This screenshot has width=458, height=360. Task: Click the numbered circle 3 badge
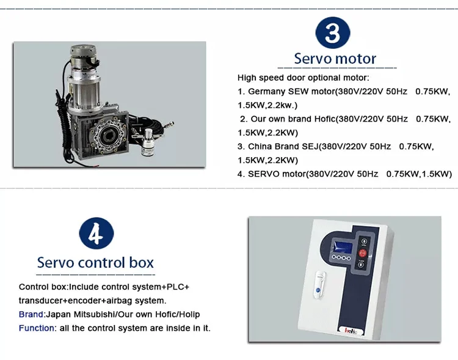coord(333,33)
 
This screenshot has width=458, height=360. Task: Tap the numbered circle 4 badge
coord(96,233)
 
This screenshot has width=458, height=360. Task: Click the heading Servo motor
coord(335,59)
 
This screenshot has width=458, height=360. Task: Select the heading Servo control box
coord(95,262)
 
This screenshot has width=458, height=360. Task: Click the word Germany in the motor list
coord(266,92)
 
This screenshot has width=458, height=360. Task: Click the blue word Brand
coord(31,314)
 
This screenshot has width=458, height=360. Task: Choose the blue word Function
coord(37,328)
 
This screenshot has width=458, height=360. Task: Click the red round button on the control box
coord(363,253)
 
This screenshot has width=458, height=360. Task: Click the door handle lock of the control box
coord(319,285)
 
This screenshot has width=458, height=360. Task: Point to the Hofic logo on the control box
coord(351,331)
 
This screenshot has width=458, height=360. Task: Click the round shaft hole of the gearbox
coord(106,136)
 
